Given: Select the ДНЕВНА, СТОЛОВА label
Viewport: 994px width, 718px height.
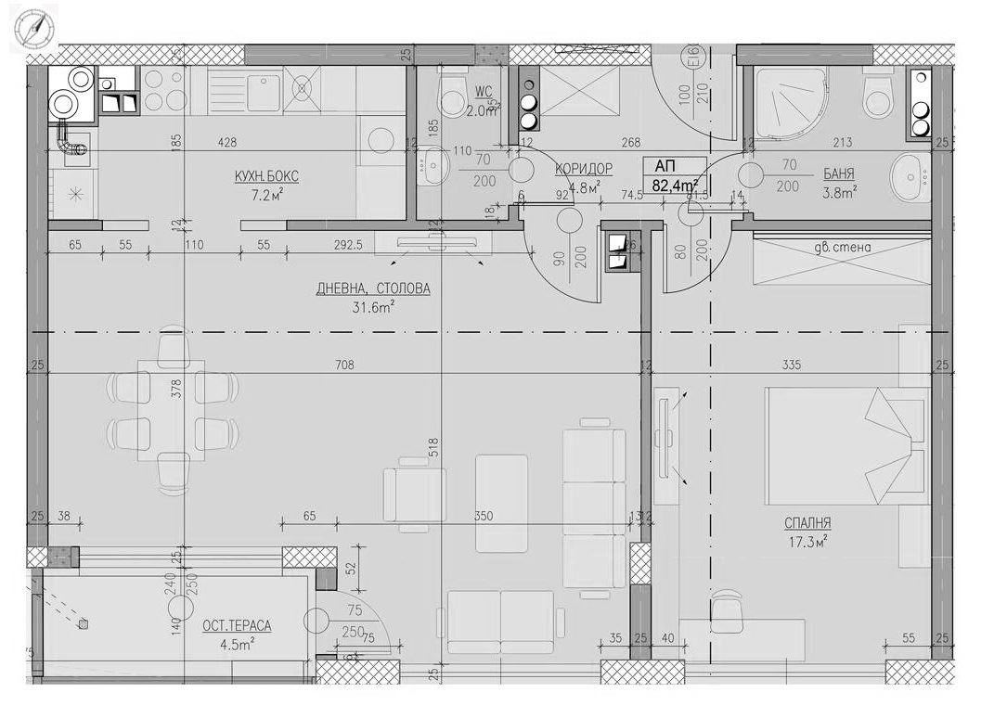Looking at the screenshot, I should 373,288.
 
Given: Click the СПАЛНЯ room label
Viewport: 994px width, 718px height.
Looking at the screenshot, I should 806,523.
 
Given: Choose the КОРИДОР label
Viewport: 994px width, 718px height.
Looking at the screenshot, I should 584,168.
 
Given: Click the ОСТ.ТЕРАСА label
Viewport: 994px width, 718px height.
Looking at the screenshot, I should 237,626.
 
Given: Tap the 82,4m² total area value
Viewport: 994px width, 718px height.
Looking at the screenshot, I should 676,186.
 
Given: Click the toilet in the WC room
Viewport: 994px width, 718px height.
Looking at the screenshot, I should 454,92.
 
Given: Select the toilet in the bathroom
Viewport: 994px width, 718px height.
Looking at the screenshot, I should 877,93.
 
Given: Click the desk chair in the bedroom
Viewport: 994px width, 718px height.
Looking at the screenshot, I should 729,611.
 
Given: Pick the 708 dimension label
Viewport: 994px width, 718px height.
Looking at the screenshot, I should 344,365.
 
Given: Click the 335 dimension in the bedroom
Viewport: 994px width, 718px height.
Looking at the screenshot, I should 793,365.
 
